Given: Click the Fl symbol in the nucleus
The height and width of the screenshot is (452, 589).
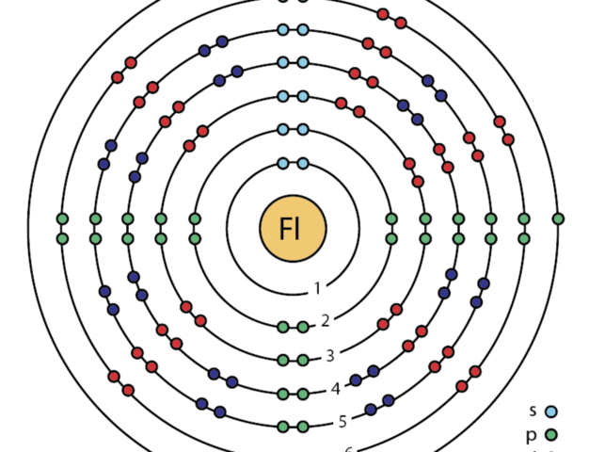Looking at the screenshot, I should tap(293, 229).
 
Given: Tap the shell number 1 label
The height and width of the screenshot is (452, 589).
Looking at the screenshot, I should tap(318, 288).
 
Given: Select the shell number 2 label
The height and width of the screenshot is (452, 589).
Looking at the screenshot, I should tap(326, 321).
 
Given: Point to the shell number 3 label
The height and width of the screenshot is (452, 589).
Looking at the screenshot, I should tap(330, 355).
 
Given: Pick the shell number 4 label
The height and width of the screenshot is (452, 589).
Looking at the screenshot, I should tap(336, 388).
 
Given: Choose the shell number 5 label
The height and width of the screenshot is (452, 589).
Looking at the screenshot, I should tap(342, 421).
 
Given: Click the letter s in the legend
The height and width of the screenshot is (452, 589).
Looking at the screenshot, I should tap(533, 411).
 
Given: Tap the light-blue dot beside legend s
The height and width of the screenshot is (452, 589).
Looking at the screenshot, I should tap(551, 412).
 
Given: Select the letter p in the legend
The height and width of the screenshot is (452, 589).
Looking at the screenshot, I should tap(533, 434).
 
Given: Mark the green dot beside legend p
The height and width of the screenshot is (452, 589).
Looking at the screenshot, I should tap(551, 435).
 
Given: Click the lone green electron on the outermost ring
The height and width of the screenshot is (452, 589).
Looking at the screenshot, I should tap(558, 219).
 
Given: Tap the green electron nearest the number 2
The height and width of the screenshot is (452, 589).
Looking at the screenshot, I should tap(303, 327).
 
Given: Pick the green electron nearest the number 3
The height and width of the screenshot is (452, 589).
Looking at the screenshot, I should tap(303, 360).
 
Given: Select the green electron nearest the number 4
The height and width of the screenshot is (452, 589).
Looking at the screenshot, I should tap(303, 394).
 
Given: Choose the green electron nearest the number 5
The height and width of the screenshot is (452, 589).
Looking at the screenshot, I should tap(303, 427).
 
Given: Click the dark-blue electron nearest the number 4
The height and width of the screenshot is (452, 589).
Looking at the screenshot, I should tap(356, 381).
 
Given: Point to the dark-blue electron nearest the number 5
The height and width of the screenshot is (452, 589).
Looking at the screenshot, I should tap(370, 411).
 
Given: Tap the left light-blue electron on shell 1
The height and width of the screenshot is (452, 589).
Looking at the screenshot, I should tap(282, 163).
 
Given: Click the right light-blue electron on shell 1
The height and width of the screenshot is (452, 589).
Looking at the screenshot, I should tap(303, 163).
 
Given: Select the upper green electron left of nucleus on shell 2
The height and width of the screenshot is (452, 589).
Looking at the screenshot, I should tap(195, 219).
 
